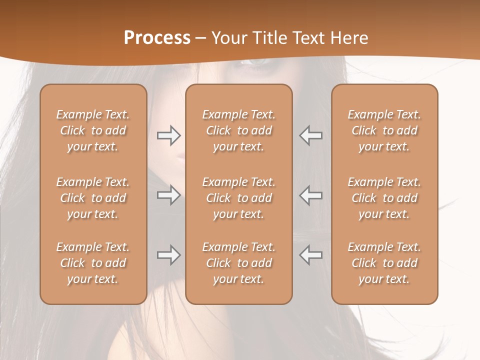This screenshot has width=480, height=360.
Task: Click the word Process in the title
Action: point(157,37)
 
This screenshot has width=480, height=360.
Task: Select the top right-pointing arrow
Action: point(168,135)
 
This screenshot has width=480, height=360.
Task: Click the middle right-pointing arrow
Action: point(168,194)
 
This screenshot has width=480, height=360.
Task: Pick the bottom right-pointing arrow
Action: point(168,255)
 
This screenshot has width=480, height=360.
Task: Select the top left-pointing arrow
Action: point(310,135)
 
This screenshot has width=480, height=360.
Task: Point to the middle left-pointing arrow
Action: point(310,194)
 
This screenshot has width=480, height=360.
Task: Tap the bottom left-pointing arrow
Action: point(310,255)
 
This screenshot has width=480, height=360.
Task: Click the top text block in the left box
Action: point(93,130)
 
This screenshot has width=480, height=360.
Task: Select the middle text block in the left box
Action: point(93,198)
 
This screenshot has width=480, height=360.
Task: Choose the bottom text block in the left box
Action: point(93,263)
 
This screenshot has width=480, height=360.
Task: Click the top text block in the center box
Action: point(238,130)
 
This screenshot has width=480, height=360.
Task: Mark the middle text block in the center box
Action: point(238,198)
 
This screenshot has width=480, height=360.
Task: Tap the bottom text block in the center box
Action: point(238,263)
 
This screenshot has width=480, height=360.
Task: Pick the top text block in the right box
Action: point(384,130)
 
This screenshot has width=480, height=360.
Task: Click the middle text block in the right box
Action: point(384,198)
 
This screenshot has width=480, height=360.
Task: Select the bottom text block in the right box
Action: point(384,263)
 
